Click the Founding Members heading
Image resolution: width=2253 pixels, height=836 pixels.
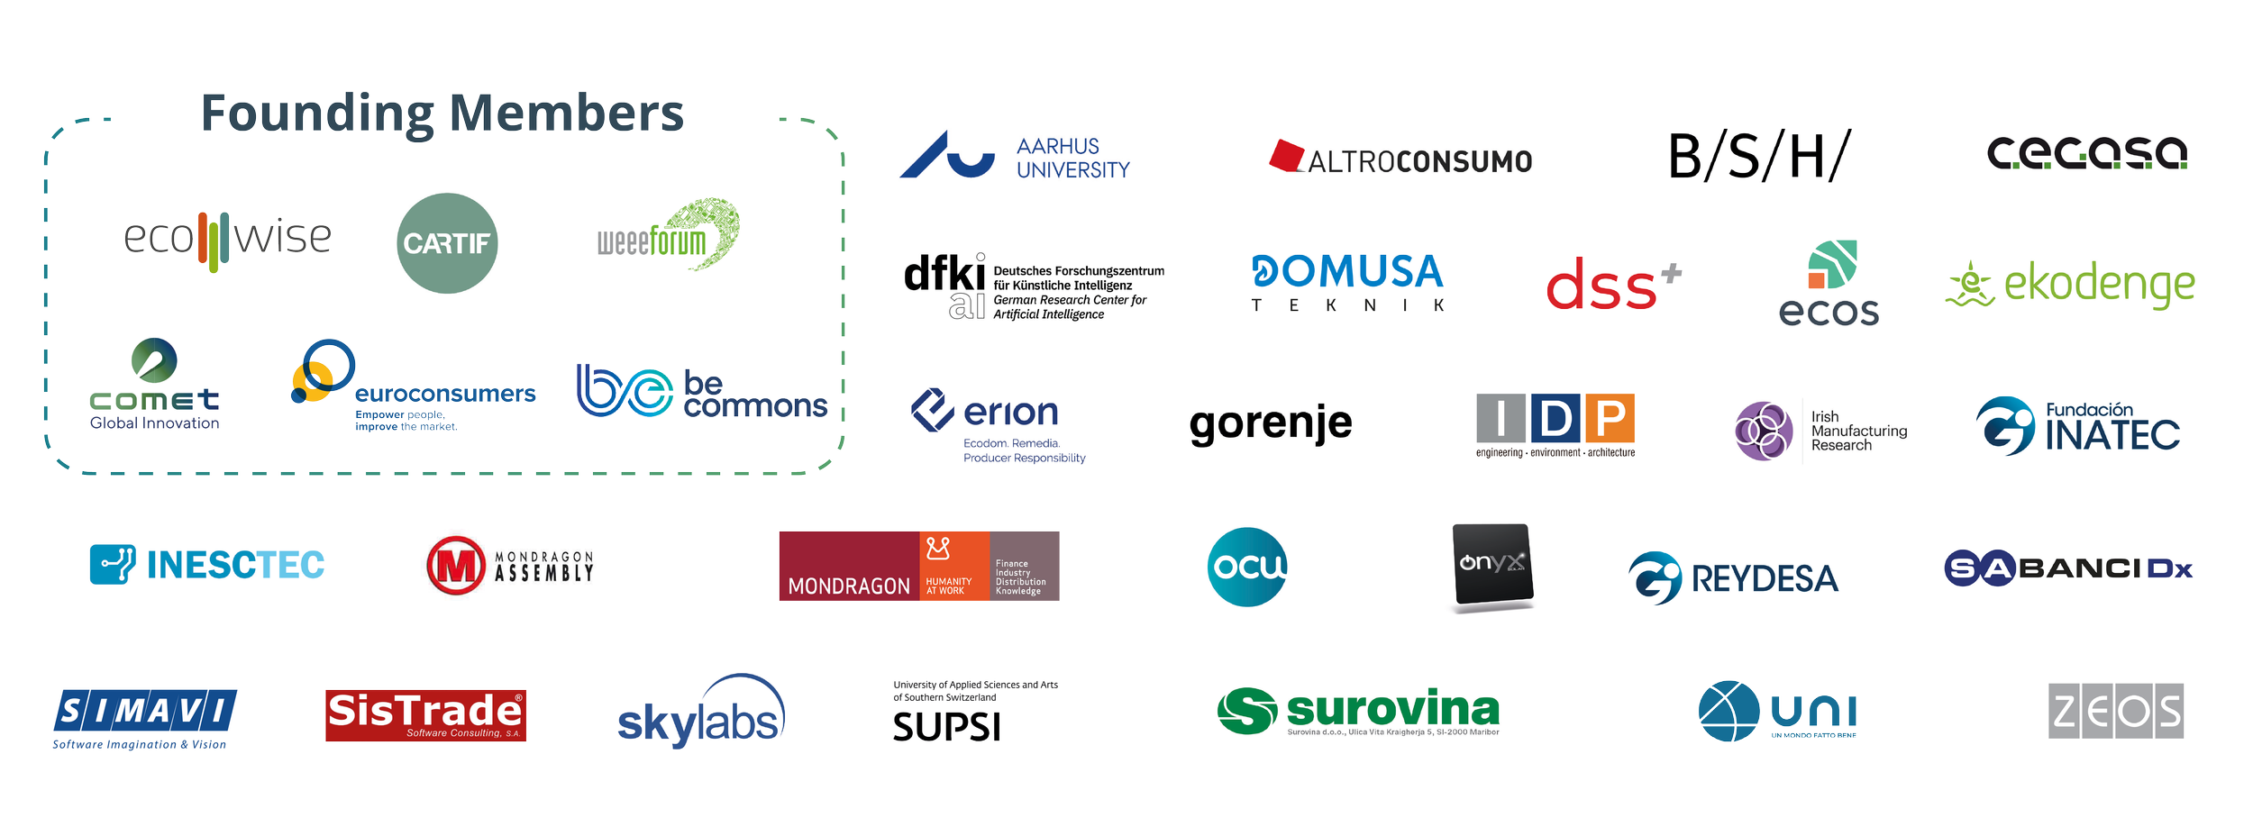tap(442, 115)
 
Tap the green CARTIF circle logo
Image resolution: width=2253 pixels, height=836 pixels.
tap(447, 243)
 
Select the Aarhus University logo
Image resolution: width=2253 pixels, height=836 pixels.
tap(1015, 157)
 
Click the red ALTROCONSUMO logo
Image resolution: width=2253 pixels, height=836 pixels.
tap(1400, 159)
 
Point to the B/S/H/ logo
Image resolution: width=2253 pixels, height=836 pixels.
tap(1759, 156)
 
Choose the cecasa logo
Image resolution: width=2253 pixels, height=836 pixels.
tap(2087, 153)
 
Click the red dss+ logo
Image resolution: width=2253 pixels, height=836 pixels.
tap(1613, 285)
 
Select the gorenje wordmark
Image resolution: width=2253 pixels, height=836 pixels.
tap(1271, 423)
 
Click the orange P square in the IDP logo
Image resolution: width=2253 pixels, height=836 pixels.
tap(1610, 418)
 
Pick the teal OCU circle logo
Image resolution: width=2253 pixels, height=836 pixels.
tap(1247, 567)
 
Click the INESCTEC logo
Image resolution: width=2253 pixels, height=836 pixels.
tap(207, 565)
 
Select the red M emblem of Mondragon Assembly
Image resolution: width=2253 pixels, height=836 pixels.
tap(456, 566)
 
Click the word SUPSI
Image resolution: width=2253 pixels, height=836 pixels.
tap(946, 727)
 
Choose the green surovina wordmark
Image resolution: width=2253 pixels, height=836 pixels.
tap(1392, 709)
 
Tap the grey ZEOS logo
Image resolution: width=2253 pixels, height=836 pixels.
tap(2116, 712)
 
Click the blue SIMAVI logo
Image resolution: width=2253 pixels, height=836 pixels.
tap(144, 713)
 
